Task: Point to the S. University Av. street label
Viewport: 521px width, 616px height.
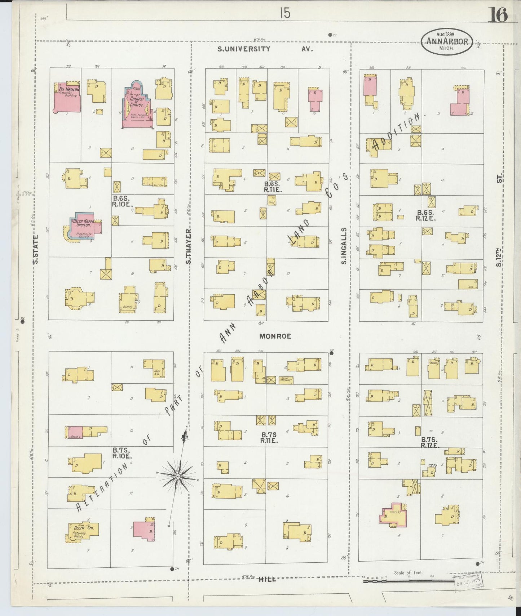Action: point(265,49)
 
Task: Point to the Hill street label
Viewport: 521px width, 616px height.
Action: point(267,579)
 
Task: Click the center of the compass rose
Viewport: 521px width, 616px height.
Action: point(177,476)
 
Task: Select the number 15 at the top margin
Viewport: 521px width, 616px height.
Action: point(284,14)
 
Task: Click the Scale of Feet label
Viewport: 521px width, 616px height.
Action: point(408,572)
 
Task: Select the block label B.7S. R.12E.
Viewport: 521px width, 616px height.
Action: point(429,442)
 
